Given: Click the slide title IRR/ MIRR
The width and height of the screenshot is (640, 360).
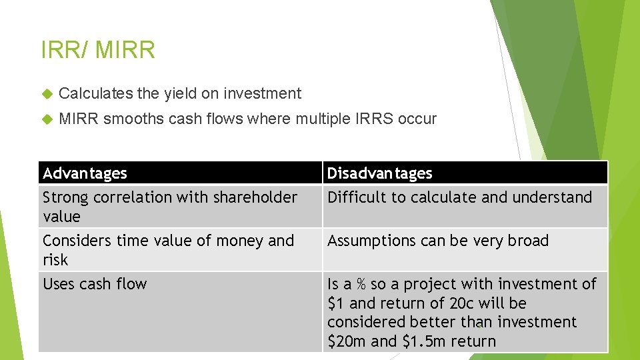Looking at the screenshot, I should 98,50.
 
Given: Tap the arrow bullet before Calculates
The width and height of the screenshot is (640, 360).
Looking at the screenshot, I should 46,93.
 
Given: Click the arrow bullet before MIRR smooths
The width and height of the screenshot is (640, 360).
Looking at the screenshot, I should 46,119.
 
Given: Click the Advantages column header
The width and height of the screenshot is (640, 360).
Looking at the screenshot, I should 85,173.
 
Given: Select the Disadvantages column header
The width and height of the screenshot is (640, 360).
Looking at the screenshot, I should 379,173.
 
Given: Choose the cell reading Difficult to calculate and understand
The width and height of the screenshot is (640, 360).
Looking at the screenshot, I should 459,197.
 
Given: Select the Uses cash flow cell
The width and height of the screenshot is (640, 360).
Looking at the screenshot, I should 95,284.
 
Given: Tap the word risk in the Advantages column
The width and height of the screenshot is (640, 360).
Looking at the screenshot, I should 55,260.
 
